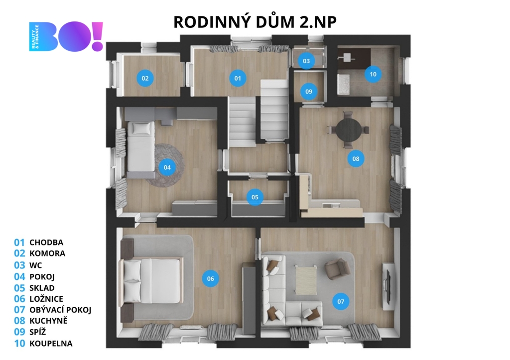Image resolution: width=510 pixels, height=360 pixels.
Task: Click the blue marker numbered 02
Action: [x=145, y=78]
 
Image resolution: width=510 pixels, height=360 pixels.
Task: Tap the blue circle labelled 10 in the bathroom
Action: [x=373, y=74]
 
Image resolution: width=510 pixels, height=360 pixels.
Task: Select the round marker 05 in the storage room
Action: [x=255, y=197]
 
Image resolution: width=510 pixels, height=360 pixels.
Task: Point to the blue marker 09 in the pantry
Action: [x=309, y=92]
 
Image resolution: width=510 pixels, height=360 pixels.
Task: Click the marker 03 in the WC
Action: [x=306, y=61]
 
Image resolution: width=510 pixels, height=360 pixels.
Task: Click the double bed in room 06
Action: [x=151, y=281]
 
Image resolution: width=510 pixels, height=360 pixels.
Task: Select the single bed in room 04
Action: [x=140, y=149]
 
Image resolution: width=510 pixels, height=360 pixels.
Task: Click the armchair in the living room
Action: [x=338, y=268]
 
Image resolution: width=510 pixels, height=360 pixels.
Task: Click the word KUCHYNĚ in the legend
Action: [x=48, y=321]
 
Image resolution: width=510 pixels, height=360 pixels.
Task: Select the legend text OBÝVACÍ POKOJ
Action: [x=60, y=310]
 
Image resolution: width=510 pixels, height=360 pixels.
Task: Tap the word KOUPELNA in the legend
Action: [x=51, y=344]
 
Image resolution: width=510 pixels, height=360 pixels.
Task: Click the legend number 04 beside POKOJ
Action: [x=19, y=277]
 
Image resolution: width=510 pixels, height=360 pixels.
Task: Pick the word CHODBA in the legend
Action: [x=46, y=242]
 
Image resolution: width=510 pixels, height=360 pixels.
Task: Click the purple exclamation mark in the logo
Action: [x=98, y=36]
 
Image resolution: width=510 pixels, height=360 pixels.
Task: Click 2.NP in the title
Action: [x=318, y=22]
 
